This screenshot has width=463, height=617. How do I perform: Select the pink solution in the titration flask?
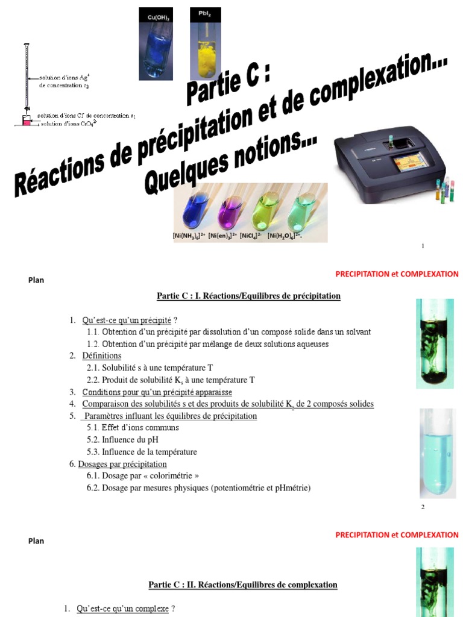26,121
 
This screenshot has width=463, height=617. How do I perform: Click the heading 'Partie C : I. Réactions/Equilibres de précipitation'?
248,296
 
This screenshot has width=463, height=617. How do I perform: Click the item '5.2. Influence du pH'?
122,440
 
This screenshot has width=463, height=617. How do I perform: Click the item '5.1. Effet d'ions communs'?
133,428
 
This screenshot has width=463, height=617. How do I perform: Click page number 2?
423,507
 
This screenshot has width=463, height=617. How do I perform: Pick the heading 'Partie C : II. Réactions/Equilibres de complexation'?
243,584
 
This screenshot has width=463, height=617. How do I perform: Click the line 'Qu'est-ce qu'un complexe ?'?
125,609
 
